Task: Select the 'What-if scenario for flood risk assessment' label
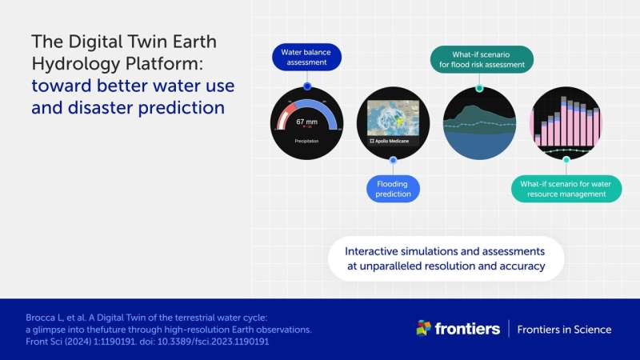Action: (x=482, y=60)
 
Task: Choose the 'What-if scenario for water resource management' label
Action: (x=566, y=189)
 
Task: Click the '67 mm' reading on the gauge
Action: (x=306, y=122)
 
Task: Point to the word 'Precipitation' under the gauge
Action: (x=306, y=141)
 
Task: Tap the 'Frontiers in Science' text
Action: (x=564, y=330)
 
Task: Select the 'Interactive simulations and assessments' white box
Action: (x=446, y=258)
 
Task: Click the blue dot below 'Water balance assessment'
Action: (x=306, y=86)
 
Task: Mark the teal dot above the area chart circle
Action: (x=479, y=88)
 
